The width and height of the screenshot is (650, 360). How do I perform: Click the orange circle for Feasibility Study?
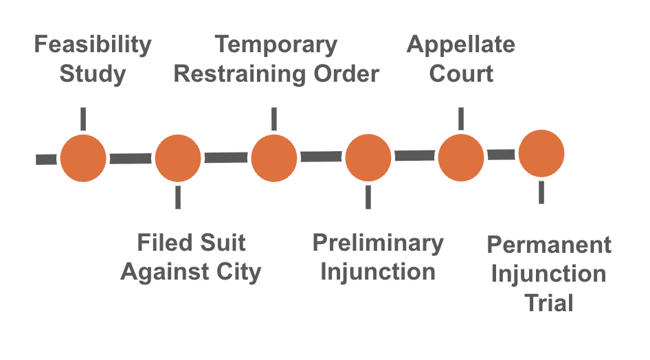pos(83,159)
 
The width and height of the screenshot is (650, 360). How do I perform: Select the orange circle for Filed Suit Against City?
pos(178,159)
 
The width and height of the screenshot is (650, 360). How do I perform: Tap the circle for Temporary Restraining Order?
pos(273,159)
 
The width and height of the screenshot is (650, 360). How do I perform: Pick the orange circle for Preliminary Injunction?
pos(368,157)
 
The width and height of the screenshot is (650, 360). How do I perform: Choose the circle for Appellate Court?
pos(461,157)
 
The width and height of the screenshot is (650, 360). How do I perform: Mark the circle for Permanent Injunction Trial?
pos(541,154)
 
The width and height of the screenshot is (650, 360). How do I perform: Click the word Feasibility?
pos(93,45)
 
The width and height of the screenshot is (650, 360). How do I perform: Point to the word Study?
pos(93,74)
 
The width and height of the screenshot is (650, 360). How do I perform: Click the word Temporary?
pos(276,45)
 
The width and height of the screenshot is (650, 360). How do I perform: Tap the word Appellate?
pos(461,45)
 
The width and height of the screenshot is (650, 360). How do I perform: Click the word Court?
pos(461,74)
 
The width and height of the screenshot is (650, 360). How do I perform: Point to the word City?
pos(236,271)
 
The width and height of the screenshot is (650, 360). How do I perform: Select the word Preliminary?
pos(378,243)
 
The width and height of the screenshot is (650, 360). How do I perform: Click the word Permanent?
pos(549,245)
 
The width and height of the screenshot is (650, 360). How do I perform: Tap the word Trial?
pos(549,303)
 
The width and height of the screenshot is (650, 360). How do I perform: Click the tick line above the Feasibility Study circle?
pos(83,118)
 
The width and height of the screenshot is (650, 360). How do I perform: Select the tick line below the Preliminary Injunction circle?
pos(368,196)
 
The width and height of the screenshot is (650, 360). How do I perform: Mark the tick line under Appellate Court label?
pos(461,117)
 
